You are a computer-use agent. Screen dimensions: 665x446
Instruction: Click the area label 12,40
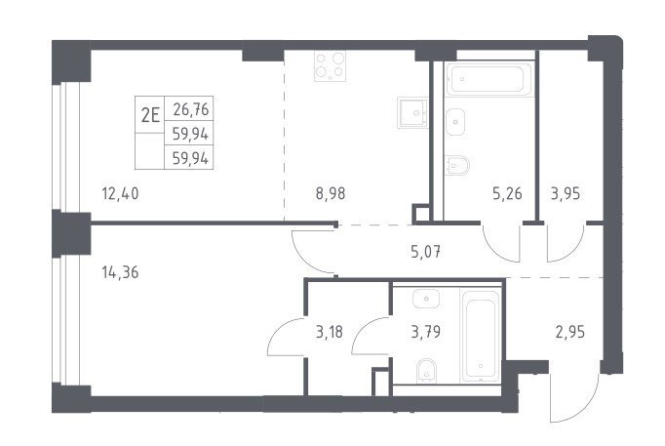tap(120, 194)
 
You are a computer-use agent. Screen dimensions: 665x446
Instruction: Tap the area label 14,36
tap(120, 272)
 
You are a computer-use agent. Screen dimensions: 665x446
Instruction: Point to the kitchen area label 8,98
tap(331, 193)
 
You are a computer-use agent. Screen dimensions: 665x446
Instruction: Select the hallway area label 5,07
tap(426, 252)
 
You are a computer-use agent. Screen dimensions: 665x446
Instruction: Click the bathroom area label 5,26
tap(507, 193)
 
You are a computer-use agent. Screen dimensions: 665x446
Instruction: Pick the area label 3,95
tap(566, 193)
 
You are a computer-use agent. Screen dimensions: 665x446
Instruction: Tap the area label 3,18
tap(330, 332)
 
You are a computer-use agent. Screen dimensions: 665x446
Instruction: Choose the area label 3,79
tap(426, 332)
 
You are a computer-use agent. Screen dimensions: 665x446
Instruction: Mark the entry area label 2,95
tap(570, 332)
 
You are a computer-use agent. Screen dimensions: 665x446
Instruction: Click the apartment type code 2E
tap(150, 114)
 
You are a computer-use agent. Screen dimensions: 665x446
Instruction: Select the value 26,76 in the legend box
tap(191, 109)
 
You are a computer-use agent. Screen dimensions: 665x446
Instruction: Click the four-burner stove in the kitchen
tap(330, 65)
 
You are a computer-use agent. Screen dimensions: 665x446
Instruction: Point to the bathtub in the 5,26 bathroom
tap(489, 79)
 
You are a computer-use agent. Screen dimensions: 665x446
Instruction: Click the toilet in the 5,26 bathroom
tap(457, 165)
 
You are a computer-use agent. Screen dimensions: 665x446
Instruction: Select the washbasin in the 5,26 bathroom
tap(455, 122)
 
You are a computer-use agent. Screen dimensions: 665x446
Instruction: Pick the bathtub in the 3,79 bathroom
tap(481, 336)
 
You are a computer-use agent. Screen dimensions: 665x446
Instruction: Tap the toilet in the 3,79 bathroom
tap(426, 371)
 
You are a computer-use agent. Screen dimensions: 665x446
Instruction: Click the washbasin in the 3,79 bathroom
tap(426, 299)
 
